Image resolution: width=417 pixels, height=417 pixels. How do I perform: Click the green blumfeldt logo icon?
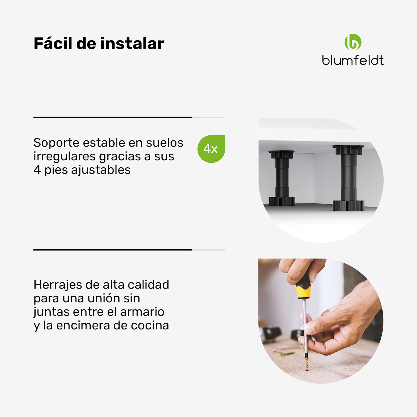click(x=353, y=42)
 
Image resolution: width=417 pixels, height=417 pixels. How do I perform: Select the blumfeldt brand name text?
click(x=353, y=60)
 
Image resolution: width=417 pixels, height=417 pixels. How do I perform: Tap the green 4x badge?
click(x=211, y=149)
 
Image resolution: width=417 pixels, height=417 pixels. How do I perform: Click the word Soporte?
click(x=56, y=143)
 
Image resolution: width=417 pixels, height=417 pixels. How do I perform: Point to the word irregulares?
click(x=64, y=156)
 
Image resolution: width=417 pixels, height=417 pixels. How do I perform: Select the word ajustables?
click(x=101, y=170)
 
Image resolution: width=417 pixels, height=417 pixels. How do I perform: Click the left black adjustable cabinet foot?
click(x=282, y=178)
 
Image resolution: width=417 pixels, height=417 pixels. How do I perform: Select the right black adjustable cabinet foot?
click(x=348, y=178)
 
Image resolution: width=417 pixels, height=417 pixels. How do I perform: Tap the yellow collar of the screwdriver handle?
click(x=303, y=292)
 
